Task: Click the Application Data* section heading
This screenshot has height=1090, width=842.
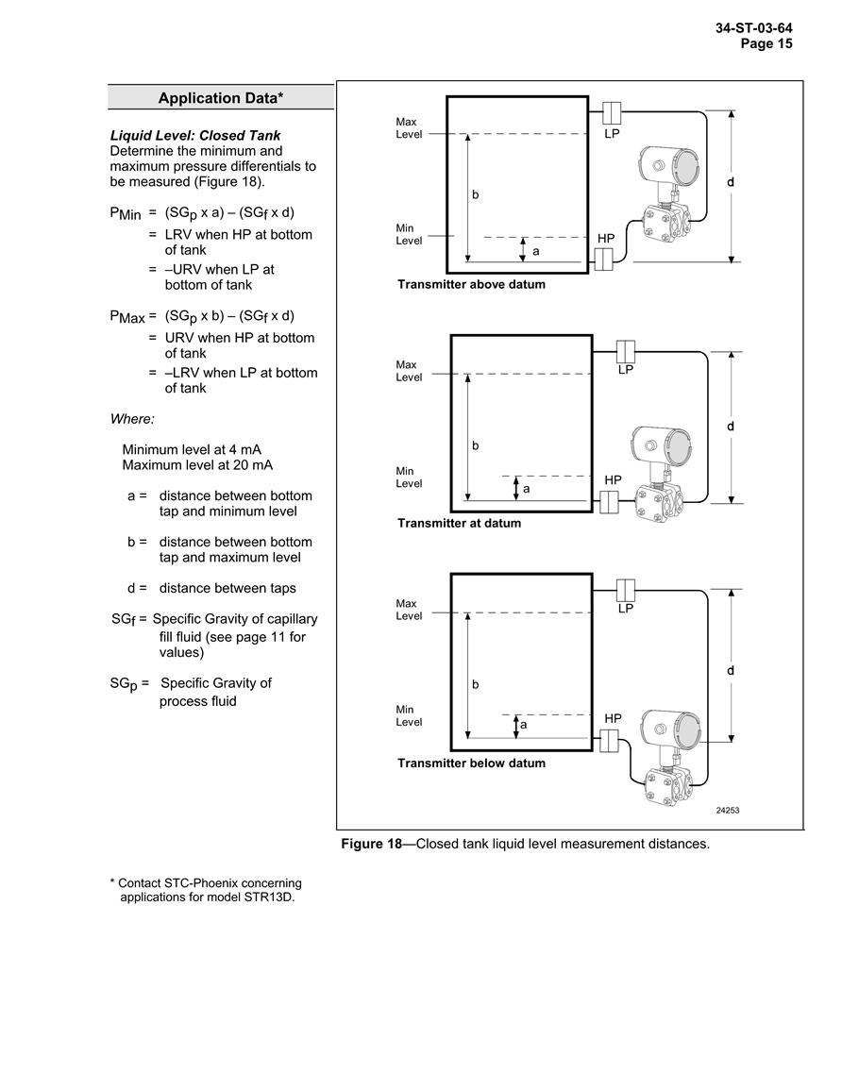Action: click(220, 98)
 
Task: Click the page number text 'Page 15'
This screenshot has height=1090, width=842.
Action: click(766, 43)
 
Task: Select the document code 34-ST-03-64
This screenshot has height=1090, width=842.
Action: click(753, 28)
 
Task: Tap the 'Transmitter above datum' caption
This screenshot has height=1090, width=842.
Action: click(471, 284)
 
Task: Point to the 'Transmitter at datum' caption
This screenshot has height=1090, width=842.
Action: click(459, 524)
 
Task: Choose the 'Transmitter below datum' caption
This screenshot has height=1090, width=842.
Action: click(471, 763)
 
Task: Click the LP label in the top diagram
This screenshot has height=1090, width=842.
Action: click(612, 133)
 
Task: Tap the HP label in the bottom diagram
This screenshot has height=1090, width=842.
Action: click(613, 718)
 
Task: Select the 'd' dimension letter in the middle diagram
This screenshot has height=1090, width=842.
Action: click(731, 427)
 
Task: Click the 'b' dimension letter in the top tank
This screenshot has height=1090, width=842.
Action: click(476, 194)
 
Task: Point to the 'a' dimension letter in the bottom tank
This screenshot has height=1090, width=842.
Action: click(524, 725)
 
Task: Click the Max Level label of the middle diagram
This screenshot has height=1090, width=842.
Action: click(409, 371)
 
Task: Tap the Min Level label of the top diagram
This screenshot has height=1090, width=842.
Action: click(409, 234)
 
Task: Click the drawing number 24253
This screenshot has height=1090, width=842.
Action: click(727, 811)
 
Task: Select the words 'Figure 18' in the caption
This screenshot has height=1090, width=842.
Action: click(371, 844)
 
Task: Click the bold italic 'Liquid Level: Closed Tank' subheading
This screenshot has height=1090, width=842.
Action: click(195, 136)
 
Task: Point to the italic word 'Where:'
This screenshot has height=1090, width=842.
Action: click(132, 419)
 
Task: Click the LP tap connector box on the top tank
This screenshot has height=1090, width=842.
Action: click(611, 112)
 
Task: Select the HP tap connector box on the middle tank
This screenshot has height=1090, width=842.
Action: click(609, 502)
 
